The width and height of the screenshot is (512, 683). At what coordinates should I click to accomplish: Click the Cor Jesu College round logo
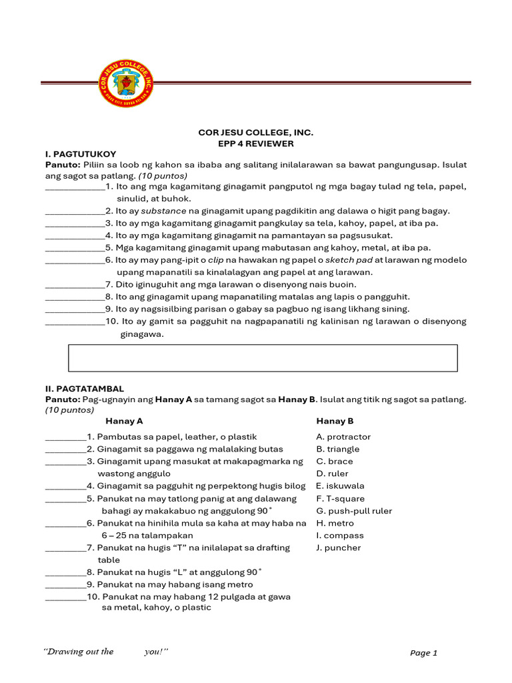click(x=125, y=83)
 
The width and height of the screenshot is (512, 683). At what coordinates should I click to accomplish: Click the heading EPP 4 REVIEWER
click(x=256, y=143)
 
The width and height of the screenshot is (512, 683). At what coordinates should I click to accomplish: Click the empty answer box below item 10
click(x=263, y=358)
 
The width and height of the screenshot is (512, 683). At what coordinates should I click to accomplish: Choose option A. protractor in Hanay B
click(x=343, y=437)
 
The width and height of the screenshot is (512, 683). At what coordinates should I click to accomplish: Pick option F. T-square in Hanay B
click(x=341, y=498)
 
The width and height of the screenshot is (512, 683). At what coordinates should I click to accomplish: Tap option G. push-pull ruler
click(x=354, y=511)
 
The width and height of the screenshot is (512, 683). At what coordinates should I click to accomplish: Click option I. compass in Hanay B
click(x=340, y=535)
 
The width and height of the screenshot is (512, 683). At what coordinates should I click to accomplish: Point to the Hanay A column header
click(x=124, y=421)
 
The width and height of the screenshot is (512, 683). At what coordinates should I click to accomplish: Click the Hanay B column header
click(x=335, y=421)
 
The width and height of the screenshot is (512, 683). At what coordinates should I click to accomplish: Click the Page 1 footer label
click(x=423, y=653)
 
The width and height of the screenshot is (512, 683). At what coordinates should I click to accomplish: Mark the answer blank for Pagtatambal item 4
click(x=65, y=486)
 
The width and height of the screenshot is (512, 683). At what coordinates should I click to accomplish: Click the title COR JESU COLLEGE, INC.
click(x=256, y=133)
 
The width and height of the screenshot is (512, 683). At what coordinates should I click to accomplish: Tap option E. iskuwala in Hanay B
click(x=340, y=486)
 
